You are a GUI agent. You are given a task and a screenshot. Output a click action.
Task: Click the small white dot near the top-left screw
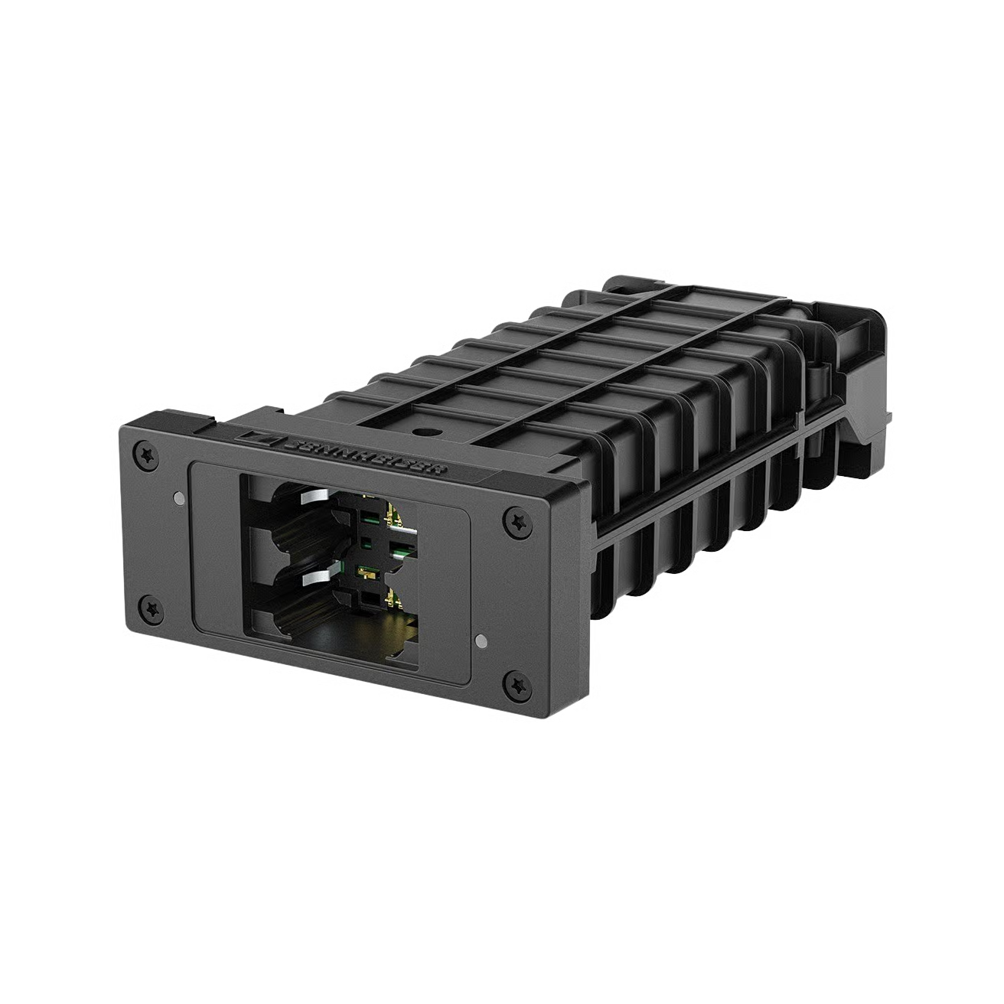point(178,498)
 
